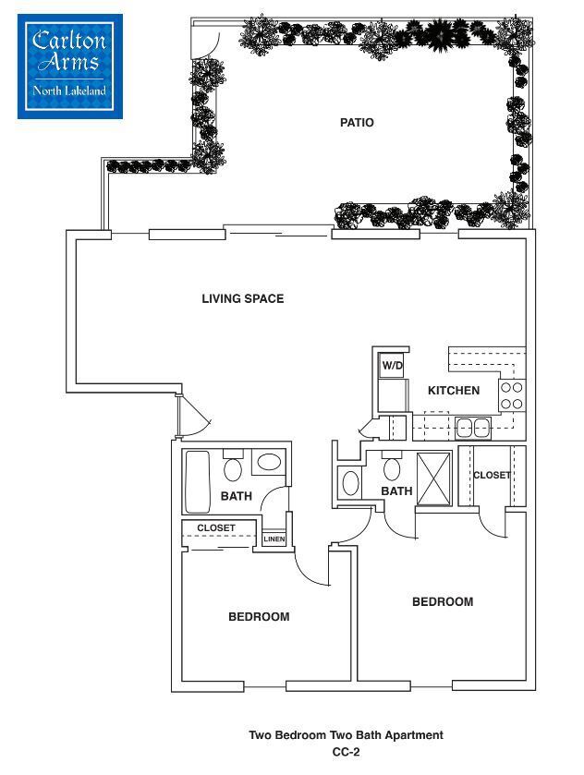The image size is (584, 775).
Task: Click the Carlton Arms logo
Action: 69,65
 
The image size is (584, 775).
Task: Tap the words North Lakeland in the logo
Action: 69,91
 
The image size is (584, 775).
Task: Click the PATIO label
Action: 357,122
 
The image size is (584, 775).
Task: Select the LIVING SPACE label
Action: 242,298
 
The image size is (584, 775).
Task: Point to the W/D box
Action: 392,366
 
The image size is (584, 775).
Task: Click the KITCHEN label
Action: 453,391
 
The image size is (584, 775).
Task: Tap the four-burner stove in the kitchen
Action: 511,395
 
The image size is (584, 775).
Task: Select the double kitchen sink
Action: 472,428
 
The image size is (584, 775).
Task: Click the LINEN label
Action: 274,539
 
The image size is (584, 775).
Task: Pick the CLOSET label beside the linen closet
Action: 216,527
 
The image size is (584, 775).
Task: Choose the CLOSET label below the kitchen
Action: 492,475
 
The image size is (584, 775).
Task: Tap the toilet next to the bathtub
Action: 234,468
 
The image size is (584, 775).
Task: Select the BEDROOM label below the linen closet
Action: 259,617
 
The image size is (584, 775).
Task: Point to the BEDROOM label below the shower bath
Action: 442,601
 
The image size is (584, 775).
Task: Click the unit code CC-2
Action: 346,753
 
